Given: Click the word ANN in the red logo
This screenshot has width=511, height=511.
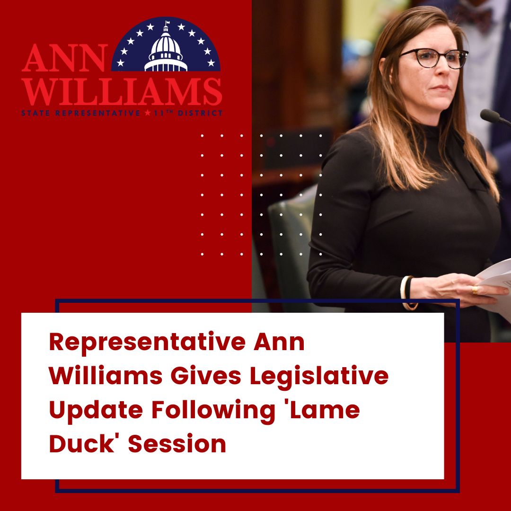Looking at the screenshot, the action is click(x=64, y=58).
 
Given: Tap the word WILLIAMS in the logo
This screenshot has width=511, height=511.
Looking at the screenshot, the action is click(x=122, y=92).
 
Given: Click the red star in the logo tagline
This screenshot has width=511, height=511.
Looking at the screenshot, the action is click(x=148, y=113).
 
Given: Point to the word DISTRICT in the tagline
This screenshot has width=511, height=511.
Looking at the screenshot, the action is click(x=200, y=113).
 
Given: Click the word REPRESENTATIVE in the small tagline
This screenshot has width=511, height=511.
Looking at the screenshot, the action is click(x=97, y=113).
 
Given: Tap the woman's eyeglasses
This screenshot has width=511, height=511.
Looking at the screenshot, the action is click(x=433, y=58).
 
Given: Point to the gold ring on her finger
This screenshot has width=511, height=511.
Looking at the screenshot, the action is click(x=475, y=290).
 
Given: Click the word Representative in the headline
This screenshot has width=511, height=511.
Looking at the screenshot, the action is click(x=147, y=342).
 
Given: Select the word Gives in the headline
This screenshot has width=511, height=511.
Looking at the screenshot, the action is click(x=206, y=375).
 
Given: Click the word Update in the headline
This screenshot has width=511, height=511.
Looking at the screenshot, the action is click(x=96, y=410).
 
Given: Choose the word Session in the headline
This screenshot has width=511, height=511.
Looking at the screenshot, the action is click(x=177, y=444).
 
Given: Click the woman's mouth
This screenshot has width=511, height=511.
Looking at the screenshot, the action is click(x=441, y=88).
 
